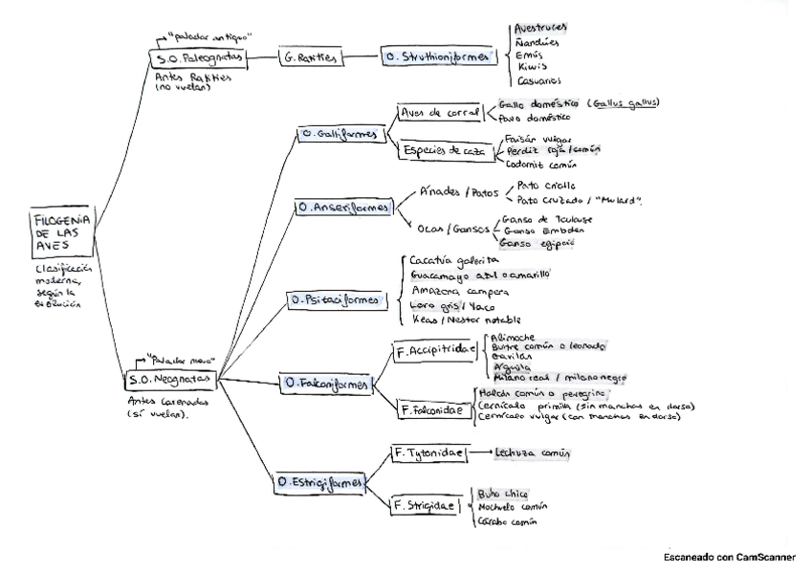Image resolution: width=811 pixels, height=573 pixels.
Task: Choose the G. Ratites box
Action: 310,57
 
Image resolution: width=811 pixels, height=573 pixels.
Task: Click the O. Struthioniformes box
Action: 438,57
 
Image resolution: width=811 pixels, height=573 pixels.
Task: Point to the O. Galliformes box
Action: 340,134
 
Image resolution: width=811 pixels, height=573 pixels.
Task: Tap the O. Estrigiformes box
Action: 321,484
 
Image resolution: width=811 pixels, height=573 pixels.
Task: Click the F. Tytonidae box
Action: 427,452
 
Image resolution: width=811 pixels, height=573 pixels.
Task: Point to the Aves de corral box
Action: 441,113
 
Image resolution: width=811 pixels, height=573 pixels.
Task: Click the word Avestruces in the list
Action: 541,30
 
